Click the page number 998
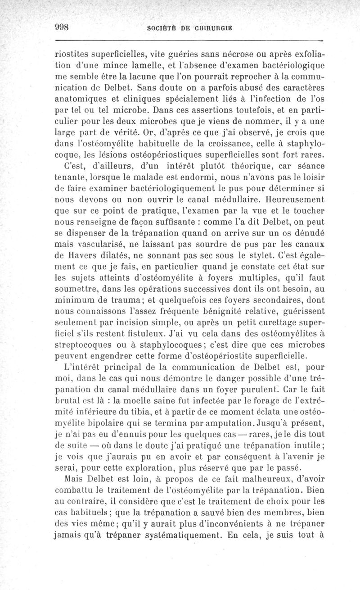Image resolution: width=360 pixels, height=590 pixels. tap(60, 26)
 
